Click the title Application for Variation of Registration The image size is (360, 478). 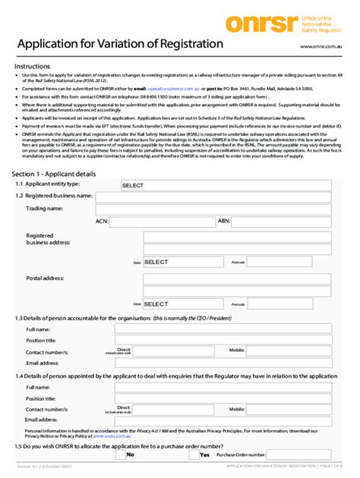point(119,45)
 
